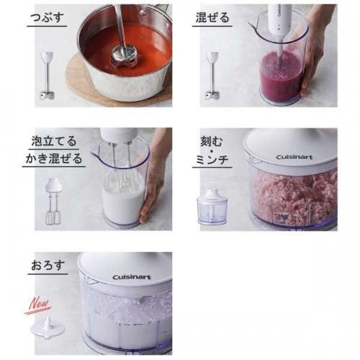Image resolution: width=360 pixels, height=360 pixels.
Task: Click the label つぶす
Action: pyautogui.click(x=47, y=18)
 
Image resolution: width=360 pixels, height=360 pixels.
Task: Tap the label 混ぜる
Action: pyautogui.click(x=212, y=18)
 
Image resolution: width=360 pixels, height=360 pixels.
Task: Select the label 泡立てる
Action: pyautogui.click(x=54, y=141)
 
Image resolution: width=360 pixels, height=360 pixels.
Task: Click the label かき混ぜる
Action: pyautogui.click(x=54, y=158)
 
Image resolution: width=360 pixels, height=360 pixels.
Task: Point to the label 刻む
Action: pyautogui.click(x=212, y=142)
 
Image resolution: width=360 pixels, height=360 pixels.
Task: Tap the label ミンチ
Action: pyautogui.click(x=212, y=159)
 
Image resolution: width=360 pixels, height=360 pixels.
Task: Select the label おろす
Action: pyautogui.click(x=48, y=266)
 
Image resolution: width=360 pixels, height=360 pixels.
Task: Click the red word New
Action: pyautogui.click(x=38, y=305)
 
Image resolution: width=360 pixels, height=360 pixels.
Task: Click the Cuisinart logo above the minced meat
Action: pyautogui.click(x=294, y=157)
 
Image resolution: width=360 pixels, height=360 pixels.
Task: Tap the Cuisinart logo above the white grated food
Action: pyautogui.click(x=132, y=277)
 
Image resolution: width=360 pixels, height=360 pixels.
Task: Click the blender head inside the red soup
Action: pyautogui.click(x=124, y=55)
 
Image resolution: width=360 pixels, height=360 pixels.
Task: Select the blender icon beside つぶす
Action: pyautogui.click(x=48, y=75)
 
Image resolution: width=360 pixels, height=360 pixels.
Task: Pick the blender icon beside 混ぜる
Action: pyautogui.click(x=212, y=76)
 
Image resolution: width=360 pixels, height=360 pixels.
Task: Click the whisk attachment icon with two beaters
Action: pyautogui.click(x=53, y=201)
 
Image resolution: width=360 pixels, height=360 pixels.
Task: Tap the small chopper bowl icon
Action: pyautogui.click(x=212, y=207)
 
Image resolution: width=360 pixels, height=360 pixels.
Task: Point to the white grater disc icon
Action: pyautogui.click(x=48, y=328)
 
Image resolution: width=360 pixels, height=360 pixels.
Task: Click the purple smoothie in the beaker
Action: pyautogui.click(x=281, y=76)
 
